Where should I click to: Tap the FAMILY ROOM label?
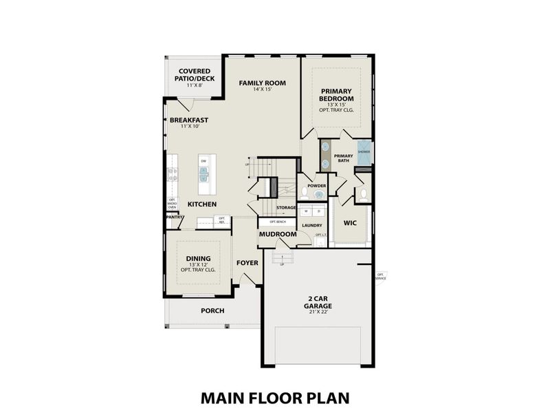coord(262,83)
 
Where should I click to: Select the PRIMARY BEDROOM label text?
coord(335,95)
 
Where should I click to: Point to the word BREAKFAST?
coord(189,120)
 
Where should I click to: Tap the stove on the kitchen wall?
coord(172,175)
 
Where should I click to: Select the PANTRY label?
coord(174,218)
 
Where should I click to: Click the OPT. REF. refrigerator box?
coord(221,221)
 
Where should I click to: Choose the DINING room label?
coord(198,259)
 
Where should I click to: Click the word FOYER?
coord(247,263)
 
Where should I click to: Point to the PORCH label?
coord(212,310)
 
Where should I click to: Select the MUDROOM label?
coord(277,235)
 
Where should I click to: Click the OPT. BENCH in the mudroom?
coord(277,222)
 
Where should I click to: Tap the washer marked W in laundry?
coord(307,211)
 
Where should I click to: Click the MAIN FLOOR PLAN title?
coord(275,397)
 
